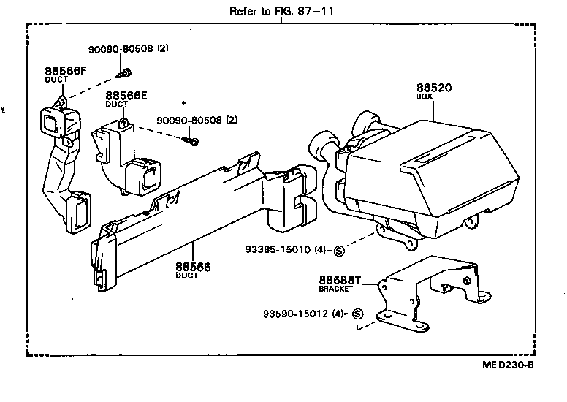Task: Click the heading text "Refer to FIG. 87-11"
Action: click(x=277, y=11)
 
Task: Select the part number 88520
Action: click(x=433, y=88)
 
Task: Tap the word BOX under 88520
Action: click(x=425, y=98)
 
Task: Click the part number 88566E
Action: click(x=126, y=96)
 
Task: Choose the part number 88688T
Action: click(x=340, y=280)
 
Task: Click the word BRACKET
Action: click(x=336, y=289)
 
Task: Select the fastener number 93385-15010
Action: click(x=277, y=250)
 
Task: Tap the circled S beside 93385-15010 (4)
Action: click(x=338, y=251)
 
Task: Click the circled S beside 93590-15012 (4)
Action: click(x=357, y=314)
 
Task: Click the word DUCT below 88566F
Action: click(x=56, y=80)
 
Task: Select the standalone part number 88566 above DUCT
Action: click(x=193, y=267)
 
